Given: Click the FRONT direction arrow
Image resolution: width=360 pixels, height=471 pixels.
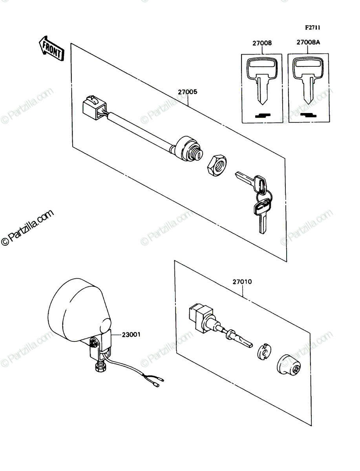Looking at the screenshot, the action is pos(51,48).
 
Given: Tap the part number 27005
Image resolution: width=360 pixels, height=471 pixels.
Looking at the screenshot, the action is pos(188,92).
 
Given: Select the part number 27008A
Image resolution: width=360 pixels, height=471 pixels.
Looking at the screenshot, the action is pos(308,42).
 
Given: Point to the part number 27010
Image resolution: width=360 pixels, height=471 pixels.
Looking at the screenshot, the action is pos(242,281).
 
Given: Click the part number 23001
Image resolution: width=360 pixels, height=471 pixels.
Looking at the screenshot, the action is pos(131,334).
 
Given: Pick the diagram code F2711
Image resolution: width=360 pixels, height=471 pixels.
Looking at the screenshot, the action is pos(313,27).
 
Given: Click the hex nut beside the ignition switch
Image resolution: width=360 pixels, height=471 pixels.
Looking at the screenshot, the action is pos(217,165).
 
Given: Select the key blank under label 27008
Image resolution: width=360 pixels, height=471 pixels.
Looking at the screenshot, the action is pos(262,80).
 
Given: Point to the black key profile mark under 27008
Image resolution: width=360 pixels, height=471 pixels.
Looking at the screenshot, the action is pos(263,115).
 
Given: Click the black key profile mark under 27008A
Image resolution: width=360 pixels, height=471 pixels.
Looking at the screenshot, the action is pos(309,115).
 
